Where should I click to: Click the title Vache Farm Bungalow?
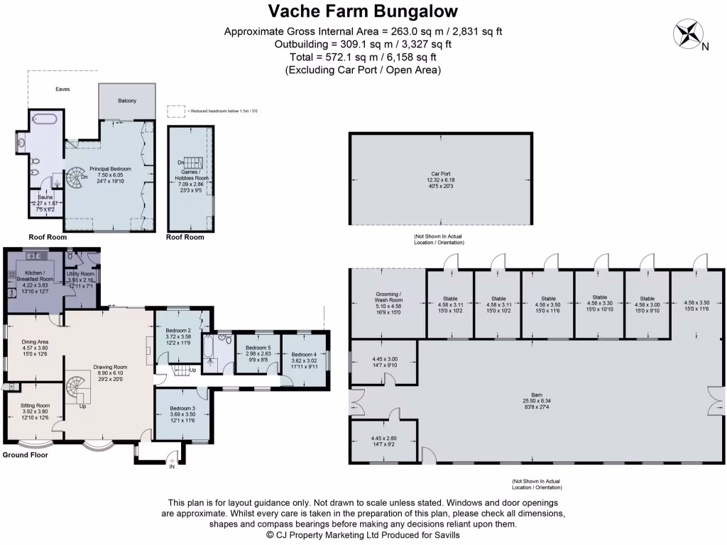pyautogui.click(x=363, y=11)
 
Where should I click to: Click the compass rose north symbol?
pyautogui.click(x=688, y=35)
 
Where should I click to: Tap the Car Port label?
pyautogui.click(x=440, y=174)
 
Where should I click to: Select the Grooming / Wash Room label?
pyautogui.click(x=388, y=297)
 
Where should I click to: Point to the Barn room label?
pyautogui.click(x=537, y=394)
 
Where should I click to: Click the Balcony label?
pyautogui.click(x=127, y=101)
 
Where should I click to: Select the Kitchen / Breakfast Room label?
pyautogui.click(x=34, y=277)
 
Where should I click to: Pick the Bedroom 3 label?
pyautogui.click(x=182, y=409)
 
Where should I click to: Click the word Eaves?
pyautogui.click(x=62, y=89)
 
